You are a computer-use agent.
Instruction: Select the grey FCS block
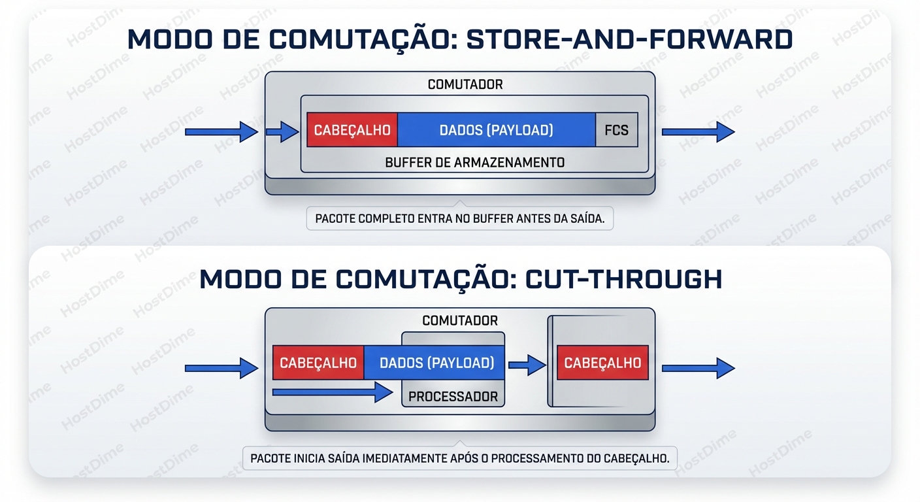coord(616,130)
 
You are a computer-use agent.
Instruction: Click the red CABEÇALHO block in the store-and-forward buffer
coord(352,130)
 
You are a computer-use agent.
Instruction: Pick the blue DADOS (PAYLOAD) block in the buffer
coord(496,130)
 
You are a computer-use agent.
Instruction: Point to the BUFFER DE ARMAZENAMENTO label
coord(474,161)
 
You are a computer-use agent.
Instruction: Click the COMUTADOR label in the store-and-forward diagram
coord(465,84)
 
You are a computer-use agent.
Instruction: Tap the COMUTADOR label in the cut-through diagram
coord(460,320)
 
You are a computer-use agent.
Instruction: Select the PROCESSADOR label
coord(453,396)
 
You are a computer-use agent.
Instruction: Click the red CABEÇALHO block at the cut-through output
coord(602,363)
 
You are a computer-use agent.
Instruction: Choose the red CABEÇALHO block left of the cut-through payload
coord(318,363)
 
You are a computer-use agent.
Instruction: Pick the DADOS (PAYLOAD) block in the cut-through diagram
coord(436,363)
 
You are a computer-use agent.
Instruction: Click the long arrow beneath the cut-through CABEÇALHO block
coord(331,392)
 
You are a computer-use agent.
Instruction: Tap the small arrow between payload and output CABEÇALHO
coord(526,365)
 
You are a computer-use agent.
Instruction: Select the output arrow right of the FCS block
coord(698,131)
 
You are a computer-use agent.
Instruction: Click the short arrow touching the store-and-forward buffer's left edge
coord(282,131)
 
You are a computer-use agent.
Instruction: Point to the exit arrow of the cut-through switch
coord(698,368)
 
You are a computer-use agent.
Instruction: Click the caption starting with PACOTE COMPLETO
coord(459,219)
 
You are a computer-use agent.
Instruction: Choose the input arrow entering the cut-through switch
coord(222,368)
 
